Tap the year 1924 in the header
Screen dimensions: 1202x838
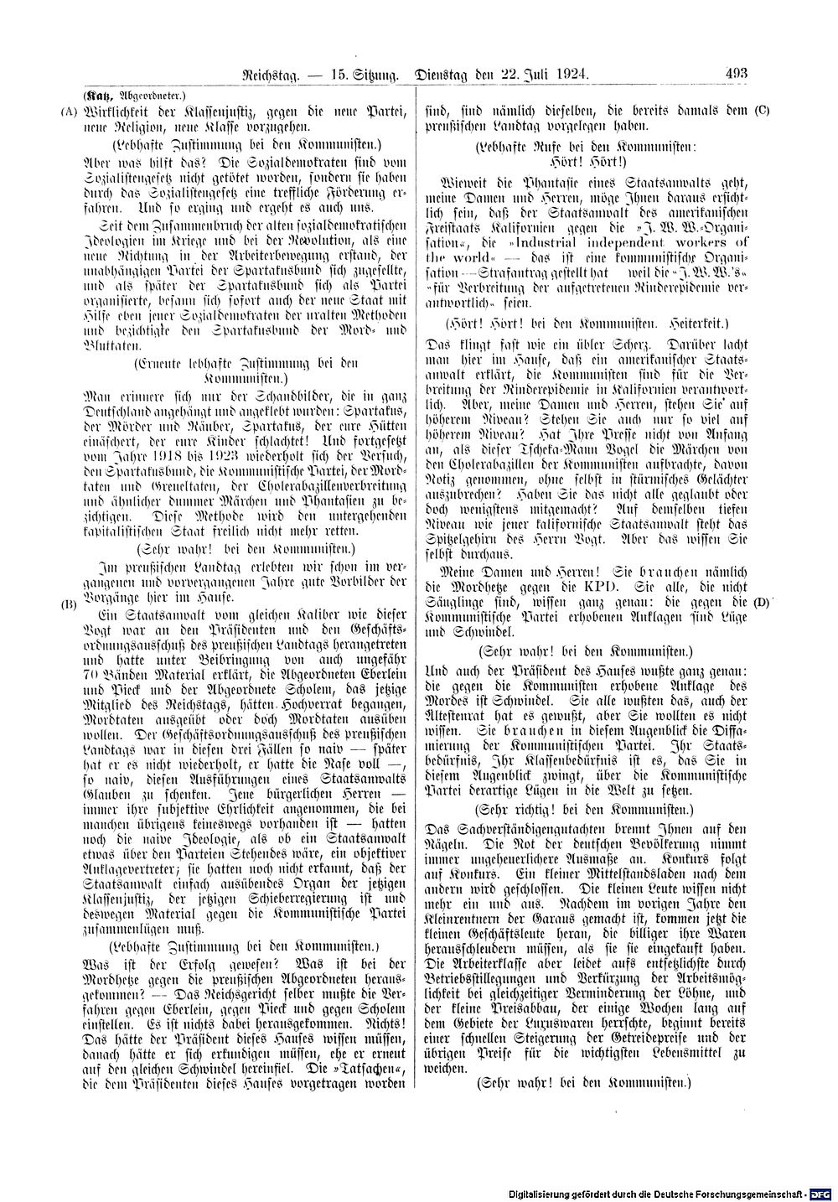point(569,75)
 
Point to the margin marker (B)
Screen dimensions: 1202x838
point(70,604)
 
